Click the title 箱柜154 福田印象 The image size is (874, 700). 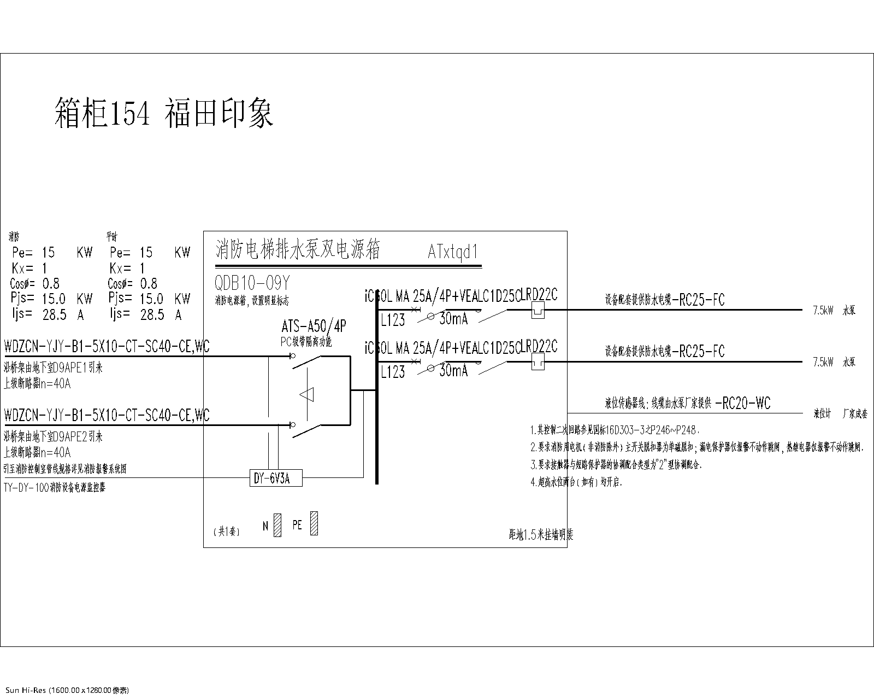(x=164, y=113)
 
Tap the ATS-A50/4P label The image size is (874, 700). (x=314, y=326)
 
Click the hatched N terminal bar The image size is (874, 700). (x=277, y=525)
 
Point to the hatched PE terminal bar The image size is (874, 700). (x=314, y=523)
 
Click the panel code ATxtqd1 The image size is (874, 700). (x=453, y=252)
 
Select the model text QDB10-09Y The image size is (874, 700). (x=252, y=283)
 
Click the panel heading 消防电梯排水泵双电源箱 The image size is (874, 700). (x=298, y=249)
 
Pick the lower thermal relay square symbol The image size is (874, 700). (x=538, y=361)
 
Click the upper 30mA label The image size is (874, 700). (x=453, y=319)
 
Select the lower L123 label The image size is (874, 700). (x=393, y=372)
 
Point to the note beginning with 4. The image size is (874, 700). (x=576, y=482)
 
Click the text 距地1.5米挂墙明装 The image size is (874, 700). (x=540, y=535)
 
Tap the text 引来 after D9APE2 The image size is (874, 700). (x=96, y=436)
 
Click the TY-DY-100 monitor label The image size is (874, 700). (x=54, y=487)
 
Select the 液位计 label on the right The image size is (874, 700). (x=822, y=414)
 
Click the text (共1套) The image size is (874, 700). (x=226, y=531)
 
